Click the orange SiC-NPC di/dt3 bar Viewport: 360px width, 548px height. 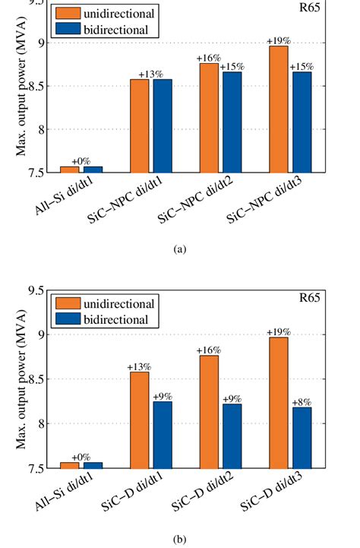pos(278,109)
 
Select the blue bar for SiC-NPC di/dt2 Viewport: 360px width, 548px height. pos(230,122)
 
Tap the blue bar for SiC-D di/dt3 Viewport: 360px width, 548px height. pos(300,438)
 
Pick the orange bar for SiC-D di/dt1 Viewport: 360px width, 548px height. pos(139,420)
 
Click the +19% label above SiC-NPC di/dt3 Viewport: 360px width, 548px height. pos(278,40)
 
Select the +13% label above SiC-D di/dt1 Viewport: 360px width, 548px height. pos(138,366)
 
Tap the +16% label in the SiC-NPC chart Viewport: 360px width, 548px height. pos(208,57)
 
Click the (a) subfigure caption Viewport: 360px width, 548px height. pos(179,249)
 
